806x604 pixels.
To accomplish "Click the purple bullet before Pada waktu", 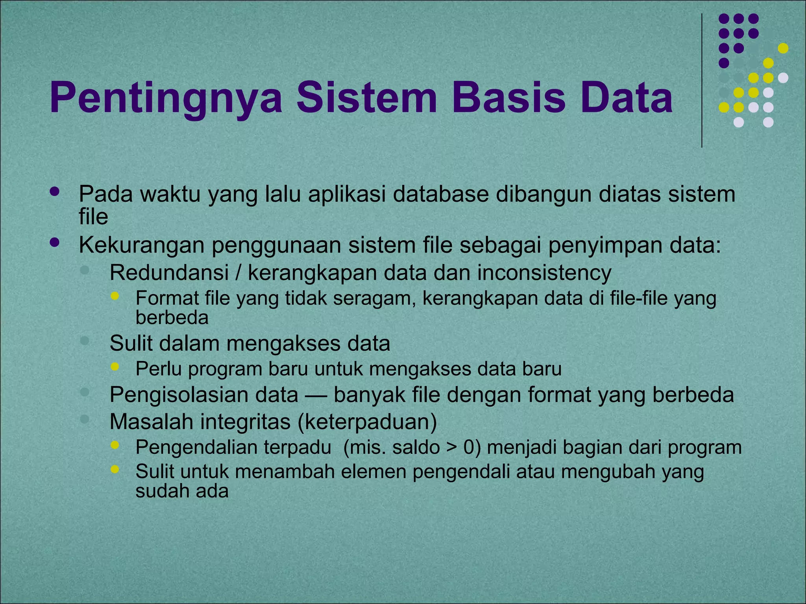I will [55, 192].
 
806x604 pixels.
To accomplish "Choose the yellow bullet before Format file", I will [115, 296].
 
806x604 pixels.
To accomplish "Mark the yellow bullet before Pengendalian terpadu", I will [115, 445].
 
